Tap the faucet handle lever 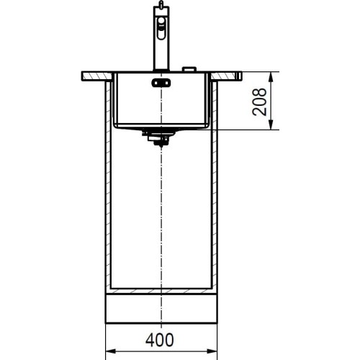[161, 31]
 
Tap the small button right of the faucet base [190, 68]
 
